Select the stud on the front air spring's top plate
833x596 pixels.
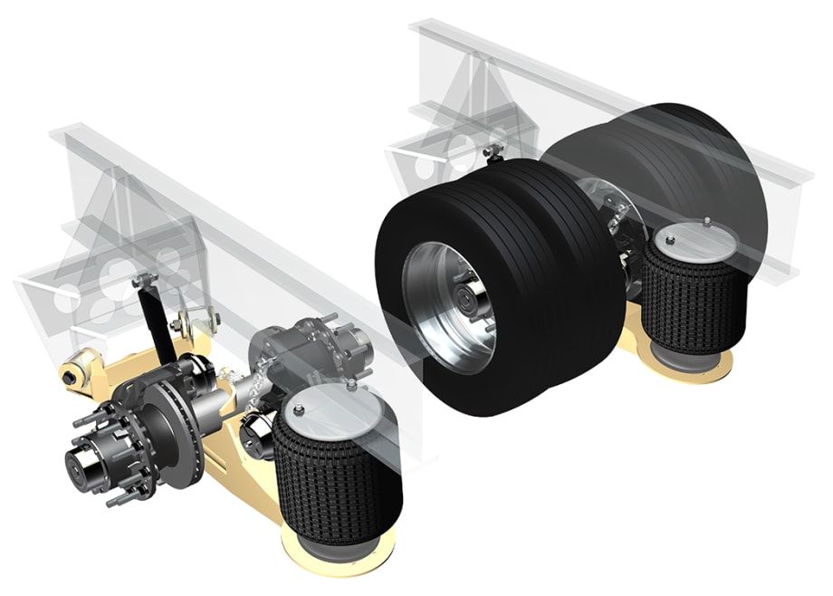tap(351, 385)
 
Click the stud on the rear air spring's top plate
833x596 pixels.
tap(704, 220)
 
